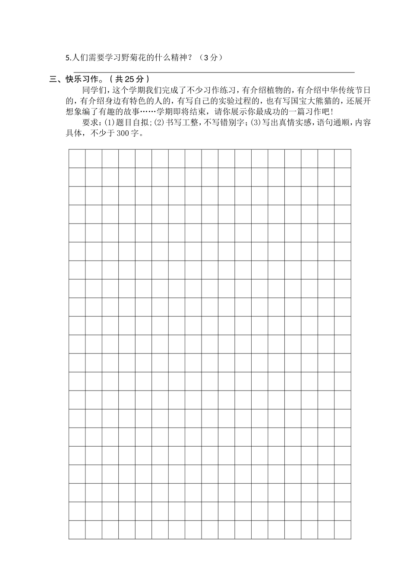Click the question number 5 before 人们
(67, 58)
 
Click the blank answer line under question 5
(214, 72)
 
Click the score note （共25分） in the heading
(129, 79)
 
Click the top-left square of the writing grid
(77, 158)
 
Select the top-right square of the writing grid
(343, 158)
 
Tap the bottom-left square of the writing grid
(77, 530)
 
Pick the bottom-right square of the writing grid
(343, 530)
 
